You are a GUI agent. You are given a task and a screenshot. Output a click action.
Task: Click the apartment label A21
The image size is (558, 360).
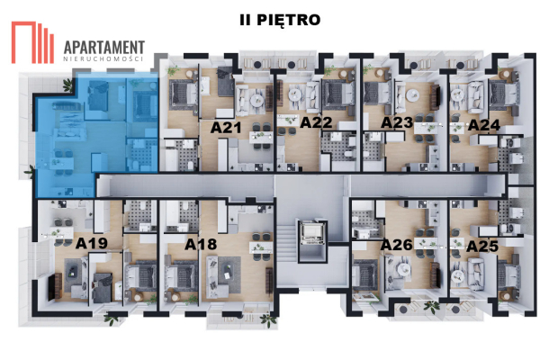click(226, 128)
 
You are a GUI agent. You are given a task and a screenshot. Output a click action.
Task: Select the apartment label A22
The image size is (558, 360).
click(317, 122)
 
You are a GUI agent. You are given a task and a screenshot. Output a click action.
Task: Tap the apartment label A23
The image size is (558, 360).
click(397, 122)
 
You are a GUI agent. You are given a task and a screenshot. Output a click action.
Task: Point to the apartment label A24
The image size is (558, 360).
click(484, 125)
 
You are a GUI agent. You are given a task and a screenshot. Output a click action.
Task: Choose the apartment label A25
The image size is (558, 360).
click(482, 247)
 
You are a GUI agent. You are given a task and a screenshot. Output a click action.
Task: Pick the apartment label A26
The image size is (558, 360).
click(397, 245)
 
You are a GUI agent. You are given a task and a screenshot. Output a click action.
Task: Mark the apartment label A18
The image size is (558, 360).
click(201, 244)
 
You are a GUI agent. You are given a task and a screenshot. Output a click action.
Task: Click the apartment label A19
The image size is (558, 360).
click(92, 243)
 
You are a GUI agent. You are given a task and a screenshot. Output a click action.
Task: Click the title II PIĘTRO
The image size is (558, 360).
click(280, 20)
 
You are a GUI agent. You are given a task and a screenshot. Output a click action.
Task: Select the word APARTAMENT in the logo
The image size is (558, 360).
click(104, 48)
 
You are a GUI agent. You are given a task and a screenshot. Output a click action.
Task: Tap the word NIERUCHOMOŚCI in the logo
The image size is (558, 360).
click(103, 58)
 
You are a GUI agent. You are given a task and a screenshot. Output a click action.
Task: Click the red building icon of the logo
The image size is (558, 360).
click(32, 42)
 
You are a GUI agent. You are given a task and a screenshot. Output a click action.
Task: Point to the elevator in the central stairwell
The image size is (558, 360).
click(312, 232)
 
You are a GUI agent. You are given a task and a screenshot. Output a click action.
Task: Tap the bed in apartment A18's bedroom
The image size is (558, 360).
click(181, 275)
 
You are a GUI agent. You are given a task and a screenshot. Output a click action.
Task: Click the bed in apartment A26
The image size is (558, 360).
click(364, 274)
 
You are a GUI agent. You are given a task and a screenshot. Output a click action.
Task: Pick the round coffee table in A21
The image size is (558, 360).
click(256, 101)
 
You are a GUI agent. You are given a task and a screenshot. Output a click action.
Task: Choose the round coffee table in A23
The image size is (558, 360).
click(412, 95)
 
